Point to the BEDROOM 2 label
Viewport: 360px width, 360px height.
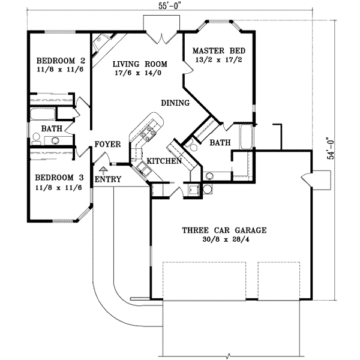tap(58, 61)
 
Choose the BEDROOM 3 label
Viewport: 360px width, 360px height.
tap(58, 178)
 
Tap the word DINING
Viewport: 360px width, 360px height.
tap(175, 103)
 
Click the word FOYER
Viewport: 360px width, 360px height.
tap(108, 145)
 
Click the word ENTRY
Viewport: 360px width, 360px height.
tap(109, 179)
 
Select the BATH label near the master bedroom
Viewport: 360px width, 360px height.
tap(217, 143)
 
